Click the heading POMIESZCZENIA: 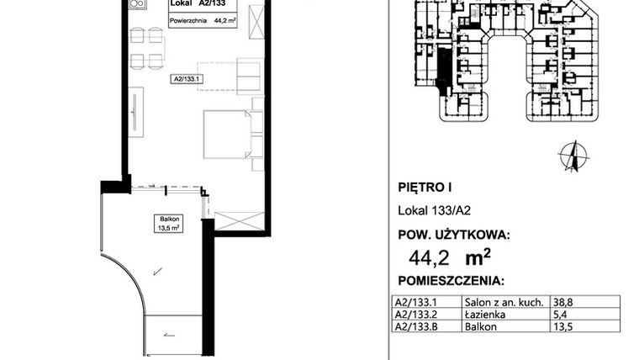[449, 279]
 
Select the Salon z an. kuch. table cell [498, 301]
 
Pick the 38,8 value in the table [561, 301]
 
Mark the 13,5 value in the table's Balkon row [561, 328]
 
